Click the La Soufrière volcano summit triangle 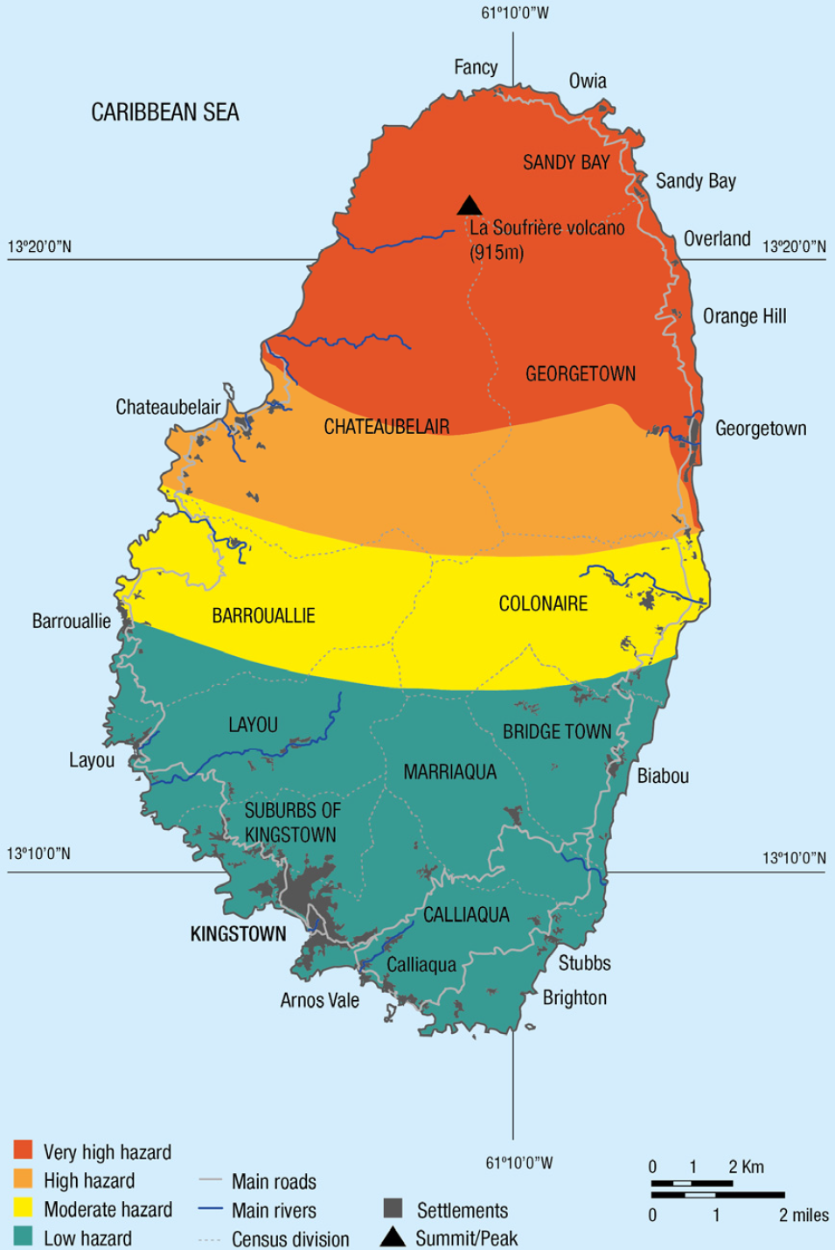[x=470, y=206]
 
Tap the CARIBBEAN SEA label [x=165, y=112]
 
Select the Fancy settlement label [x=476, y=67]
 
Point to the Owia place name [x=588, y=81]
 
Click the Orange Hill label [x=744, y=317]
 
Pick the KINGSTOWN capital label [x=238, y=934]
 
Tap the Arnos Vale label [x=319, y=1000]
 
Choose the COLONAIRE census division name [x=543, y=604]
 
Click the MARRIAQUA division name [x=449, y=772]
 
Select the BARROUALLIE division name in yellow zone [x=263, y=616]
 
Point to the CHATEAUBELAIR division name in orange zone [x=386, y=427]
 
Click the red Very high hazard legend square [x=24, y=1149]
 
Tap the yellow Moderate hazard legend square [x=24, y=1208]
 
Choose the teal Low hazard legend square [x=24, y=1236]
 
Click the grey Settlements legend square [x=393, y=1209]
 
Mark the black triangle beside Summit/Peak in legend [x=393, y=1237]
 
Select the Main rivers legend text [x=274, y=1211]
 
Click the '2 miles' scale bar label [x=804, y=1215]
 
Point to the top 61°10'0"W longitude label [x=515, y=13]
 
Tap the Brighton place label [x=574, y=998]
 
